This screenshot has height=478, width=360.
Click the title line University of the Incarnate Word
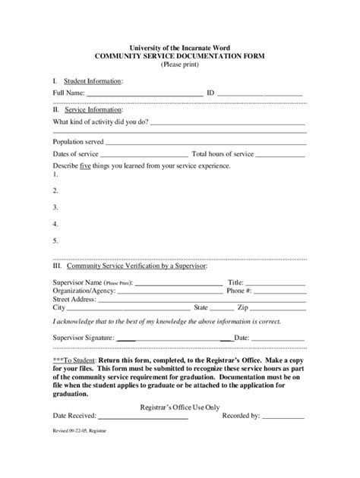pos(180,48)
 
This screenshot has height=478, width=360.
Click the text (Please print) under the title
pos(180,65)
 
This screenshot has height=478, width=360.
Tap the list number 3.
pos(55,207)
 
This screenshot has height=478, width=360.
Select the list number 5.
pos(55,241)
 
